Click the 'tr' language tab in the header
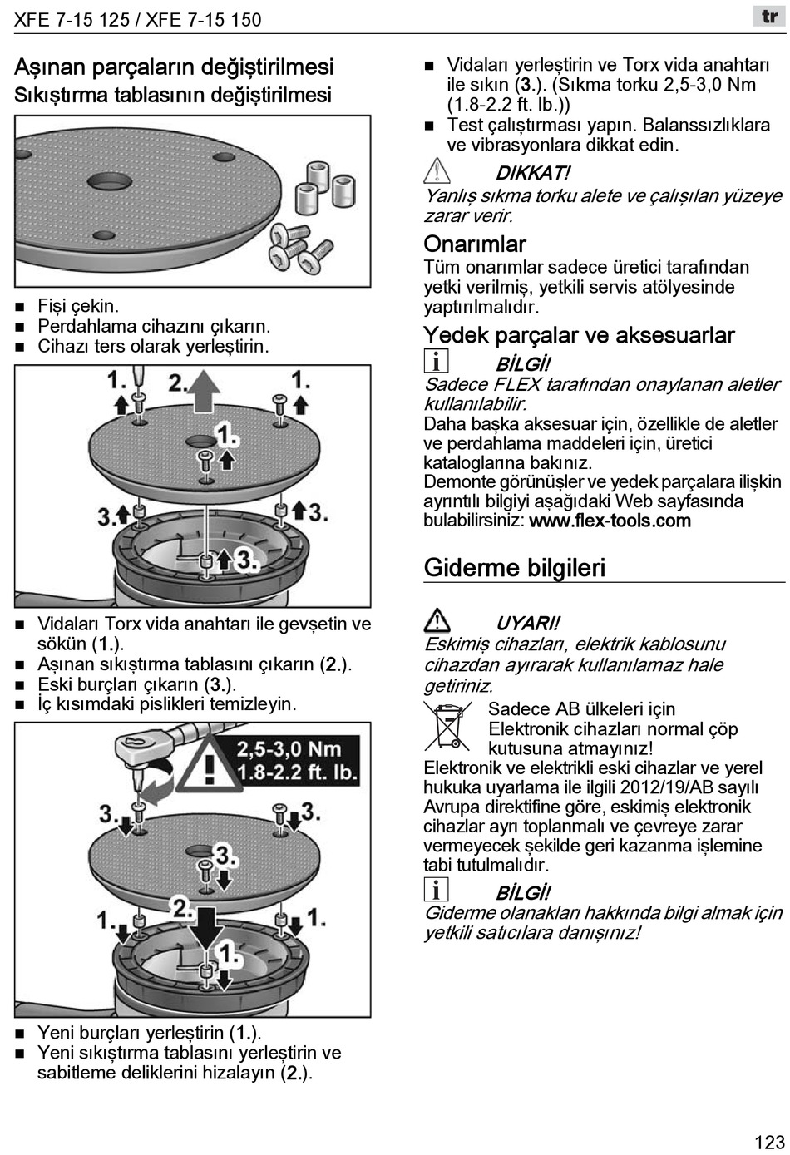coord(769,17)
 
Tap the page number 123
coord(769,1142)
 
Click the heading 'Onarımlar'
coord(475,244)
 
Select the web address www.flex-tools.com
coord(610,521)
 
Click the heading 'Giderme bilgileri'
coord(514,568)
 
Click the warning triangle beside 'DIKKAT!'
coord(437,172)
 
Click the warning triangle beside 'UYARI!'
coord(437,621)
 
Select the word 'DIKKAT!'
coord(533,173)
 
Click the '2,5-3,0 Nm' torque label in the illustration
coord(289,748)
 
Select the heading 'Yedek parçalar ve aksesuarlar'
coord(579,335)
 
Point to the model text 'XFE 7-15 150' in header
coord(204,20)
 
